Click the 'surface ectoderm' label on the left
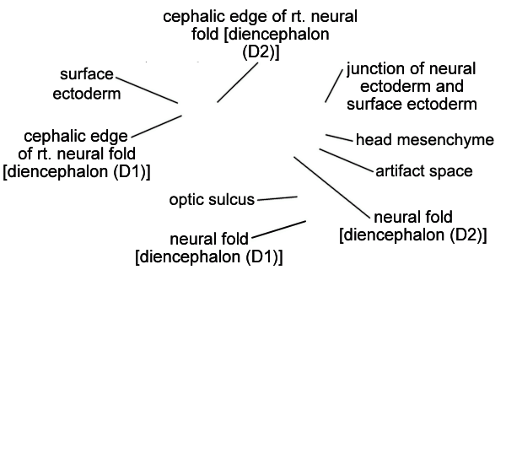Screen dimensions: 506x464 87,84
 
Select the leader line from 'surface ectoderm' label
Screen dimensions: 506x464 147,90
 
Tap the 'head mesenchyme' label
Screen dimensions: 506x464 425,140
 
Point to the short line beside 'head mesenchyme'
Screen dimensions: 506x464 340,138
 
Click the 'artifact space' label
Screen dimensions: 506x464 424,170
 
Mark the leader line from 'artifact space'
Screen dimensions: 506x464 346,159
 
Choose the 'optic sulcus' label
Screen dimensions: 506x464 212,200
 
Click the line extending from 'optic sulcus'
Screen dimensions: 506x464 277,198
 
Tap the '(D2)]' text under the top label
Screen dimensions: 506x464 261,52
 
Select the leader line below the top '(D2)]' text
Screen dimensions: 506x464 238,83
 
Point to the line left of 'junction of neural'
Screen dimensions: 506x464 334,85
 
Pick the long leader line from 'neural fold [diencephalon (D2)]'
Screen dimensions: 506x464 332,188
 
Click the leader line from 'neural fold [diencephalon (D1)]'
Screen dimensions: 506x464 279,229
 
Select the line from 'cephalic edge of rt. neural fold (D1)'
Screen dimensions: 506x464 157,127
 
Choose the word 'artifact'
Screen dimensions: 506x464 399,170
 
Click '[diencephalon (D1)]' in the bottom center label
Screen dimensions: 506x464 209,257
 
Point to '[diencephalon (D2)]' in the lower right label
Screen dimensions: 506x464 413,235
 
